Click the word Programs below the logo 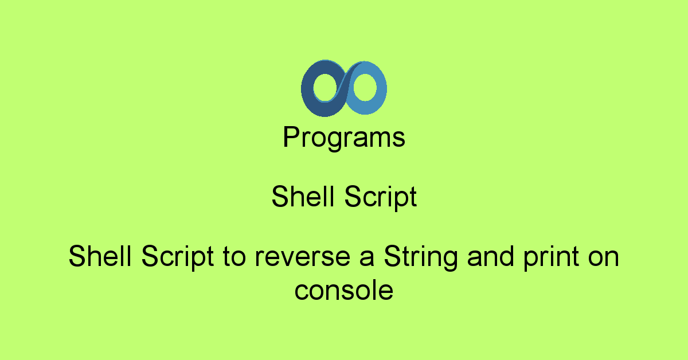[344, 138]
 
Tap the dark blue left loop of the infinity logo [307, 89]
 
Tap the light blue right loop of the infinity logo [381, 88]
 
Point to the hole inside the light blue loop [365, 88]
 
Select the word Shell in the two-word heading [303, 196]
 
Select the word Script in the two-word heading [381, 197]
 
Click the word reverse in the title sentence [303, 257]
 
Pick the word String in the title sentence [421, 257]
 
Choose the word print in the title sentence [552, 257]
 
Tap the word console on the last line [344, 290]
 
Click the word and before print [491, 256]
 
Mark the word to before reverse [234, 257]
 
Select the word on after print [604, 258]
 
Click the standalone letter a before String [367, 258]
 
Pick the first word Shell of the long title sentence [100, 256]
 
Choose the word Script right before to [177, 257]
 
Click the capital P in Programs [291, 136]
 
